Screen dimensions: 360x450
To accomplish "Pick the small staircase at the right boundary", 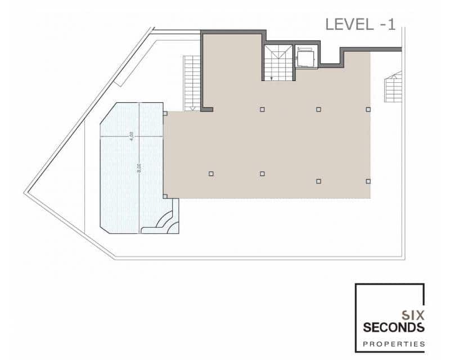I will [393, 88].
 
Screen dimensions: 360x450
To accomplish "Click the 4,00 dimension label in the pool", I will [131, 136].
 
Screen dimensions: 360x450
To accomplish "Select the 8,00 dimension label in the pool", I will [139, 168].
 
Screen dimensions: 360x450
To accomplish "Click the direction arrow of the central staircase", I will [272, 78].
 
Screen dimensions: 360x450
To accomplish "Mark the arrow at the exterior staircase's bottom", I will [192, 107].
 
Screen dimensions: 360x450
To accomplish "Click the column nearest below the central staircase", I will [262, 109].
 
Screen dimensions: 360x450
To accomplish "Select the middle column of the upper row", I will [318, 109].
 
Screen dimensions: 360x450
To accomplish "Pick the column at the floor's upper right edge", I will [368, 109].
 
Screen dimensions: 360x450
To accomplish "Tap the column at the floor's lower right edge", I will [368, 181].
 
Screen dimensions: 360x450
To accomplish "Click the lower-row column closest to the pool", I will [211, 174].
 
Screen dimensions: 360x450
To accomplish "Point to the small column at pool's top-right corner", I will [165, 114].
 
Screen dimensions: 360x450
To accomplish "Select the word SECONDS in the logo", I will [394, 327].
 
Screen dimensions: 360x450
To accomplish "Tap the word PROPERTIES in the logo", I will [394, 343].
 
